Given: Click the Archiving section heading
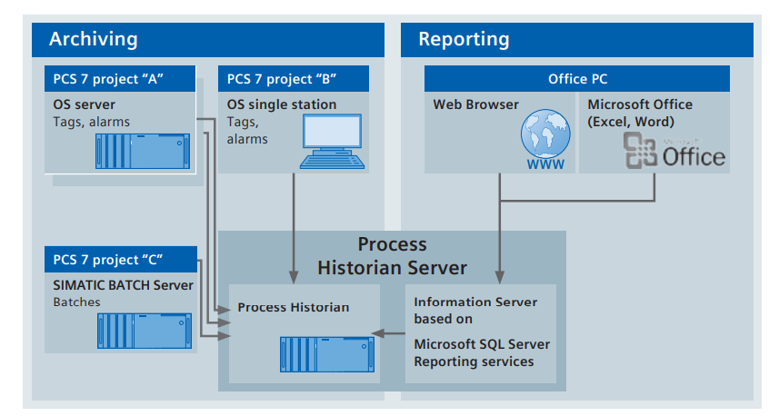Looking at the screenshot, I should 94,39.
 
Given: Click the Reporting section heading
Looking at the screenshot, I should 464,39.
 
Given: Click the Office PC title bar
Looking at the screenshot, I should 580,78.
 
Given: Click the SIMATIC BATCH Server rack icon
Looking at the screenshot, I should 145,331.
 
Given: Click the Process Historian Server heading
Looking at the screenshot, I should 392,256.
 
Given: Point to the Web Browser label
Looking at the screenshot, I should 475,104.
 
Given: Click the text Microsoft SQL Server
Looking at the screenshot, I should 482,344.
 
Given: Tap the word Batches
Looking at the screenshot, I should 77,302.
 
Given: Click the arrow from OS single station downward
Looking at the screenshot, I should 293,227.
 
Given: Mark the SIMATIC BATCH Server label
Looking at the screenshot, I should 123,285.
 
